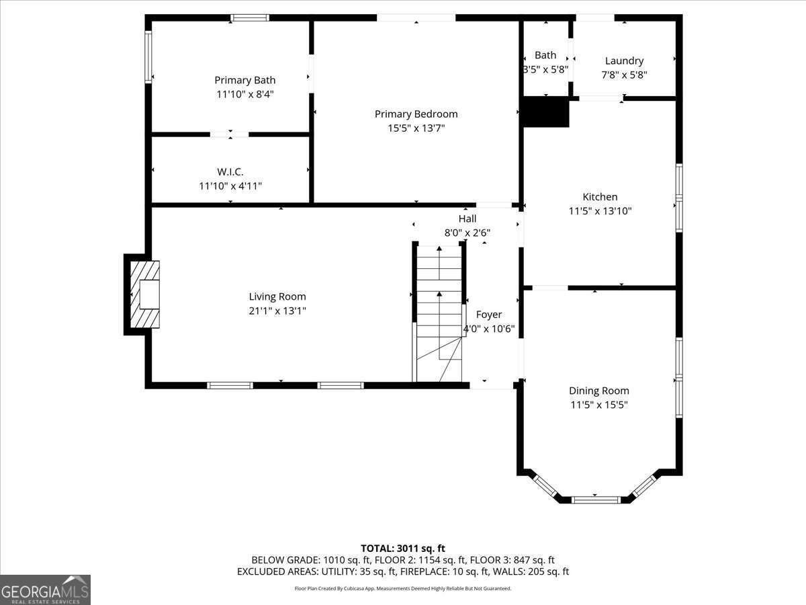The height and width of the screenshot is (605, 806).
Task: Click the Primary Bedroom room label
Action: (416, 114)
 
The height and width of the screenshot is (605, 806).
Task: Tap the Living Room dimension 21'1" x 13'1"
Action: (277, 311)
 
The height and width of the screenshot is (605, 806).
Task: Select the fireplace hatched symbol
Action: (144, 294)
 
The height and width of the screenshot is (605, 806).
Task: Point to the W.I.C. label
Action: (230, 171)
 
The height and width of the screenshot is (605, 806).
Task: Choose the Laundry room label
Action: (624, 61)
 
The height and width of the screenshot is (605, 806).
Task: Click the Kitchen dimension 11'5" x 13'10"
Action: (600, 211)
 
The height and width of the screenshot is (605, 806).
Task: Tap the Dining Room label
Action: (599, 391)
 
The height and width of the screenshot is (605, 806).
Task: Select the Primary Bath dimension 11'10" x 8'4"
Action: (244, 95)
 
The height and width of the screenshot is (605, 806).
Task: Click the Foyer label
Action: (488, 314)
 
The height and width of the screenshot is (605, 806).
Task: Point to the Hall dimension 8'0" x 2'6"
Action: (467, 233)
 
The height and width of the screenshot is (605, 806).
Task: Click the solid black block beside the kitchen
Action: (545, 112)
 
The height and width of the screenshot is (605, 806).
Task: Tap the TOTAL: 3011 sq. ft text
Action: (403, 549)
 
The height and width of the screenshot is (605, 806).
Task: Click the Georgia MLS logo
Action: (45, 590)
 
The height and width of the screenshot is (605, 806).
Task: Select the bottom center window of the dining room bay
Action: (595, 499)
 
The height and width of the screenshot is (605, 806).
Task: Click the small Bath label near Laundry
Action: (545, 55)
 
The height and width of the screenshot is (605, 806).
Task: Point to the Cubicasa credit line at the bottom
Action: (403, 588)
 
